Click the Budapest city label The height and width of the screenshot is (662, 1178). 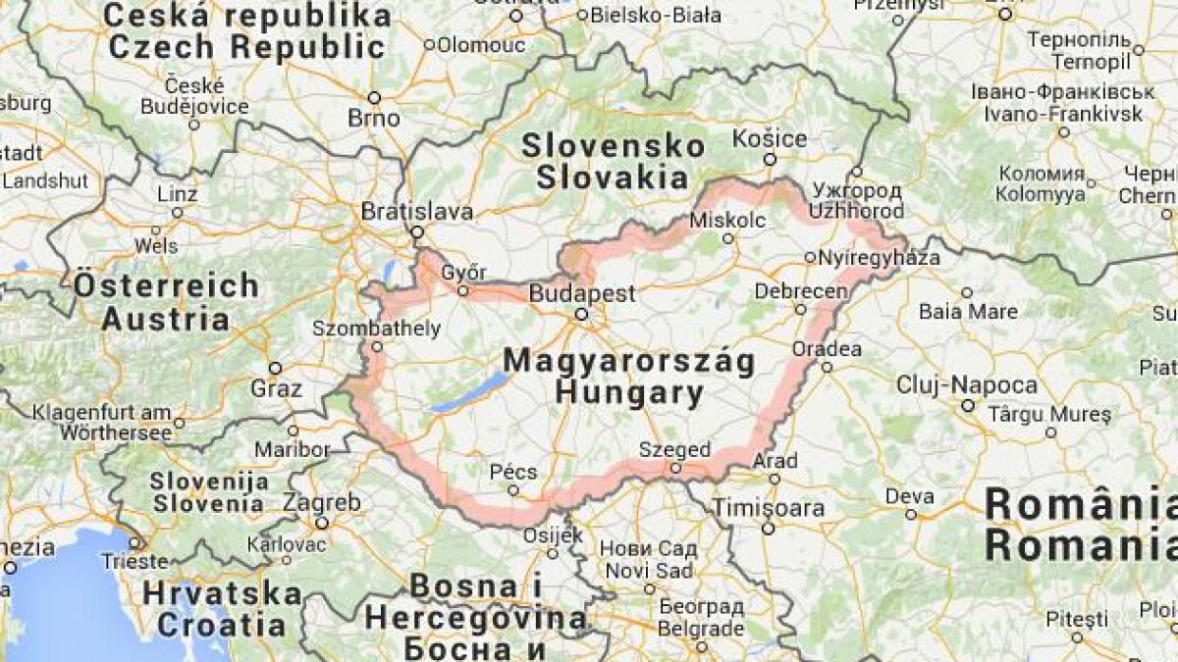point(582,293)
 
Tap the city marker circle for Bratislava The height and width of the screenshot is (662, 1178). point(416,232)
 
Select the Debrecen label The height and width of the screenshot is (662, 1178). point(802,292)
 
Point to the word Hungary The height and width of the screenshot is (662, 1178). point(629,394)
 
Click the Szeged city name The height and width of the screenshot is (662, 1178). point(674,450)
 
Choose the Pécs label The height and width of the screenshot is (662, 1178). point(513,472)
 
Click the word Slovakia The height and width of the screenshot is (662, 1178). point(612,178)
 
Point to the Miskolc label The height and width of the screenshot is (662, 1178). point(727,220)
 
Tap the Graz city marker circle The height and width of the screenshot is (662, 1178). point(276,369)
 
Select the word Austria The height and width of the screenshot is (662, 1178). point(165,319)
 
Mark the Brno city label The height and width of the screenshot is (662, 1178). point(374,118)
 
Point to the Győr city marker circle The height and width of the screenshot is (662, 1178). point(462,290)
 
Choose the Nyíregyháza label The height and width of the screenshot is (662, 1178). point(879,258)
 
